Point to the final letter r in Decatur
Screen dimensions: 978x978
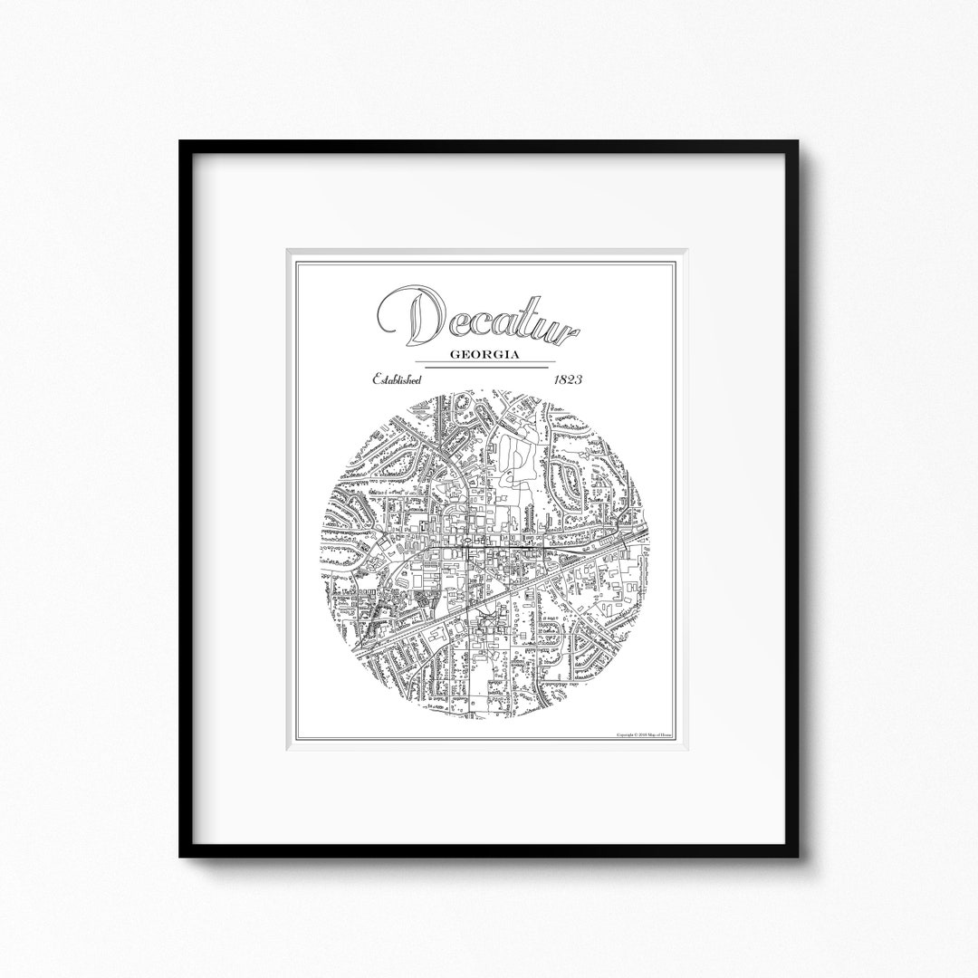point(567,331)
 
